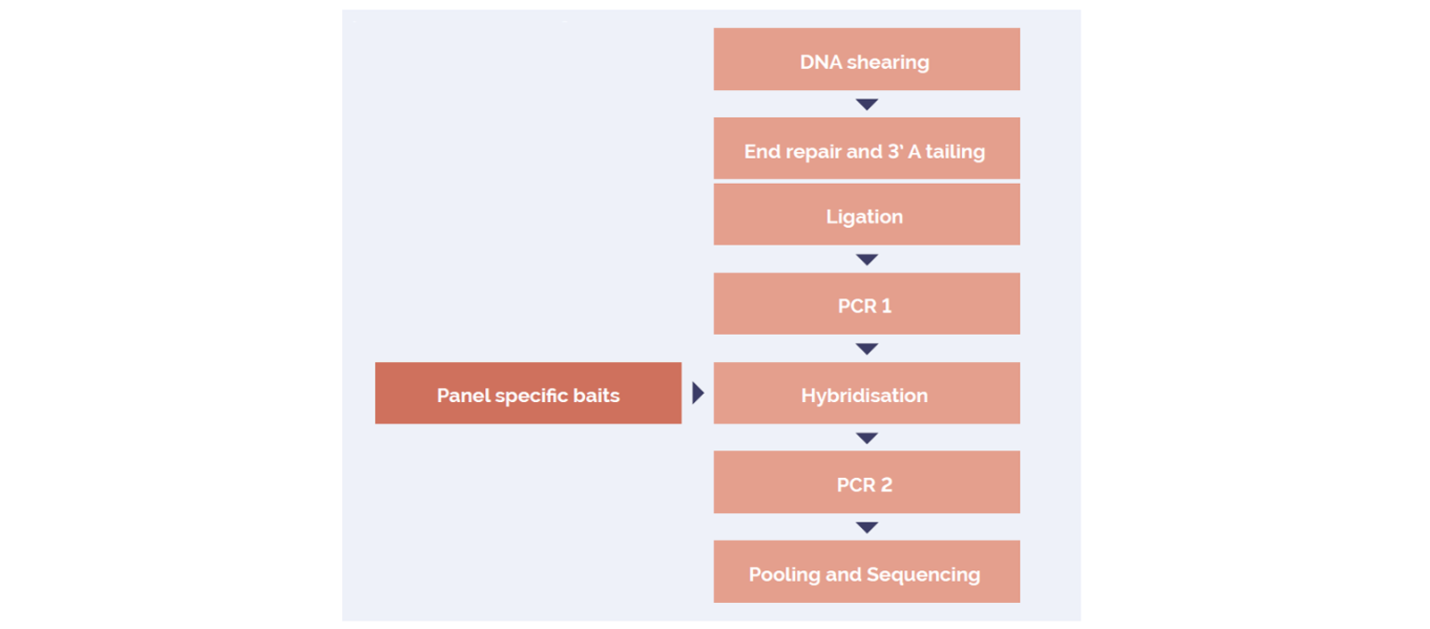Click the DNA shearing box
[866, 59]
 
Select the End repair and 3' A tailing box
[866, 148]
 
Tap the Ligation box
[866, 214]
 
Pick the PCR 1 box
[866, 304]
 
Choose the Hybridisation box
[866, 393]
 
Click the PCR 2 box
[866, 482]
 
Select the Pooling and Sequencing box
[866, 572]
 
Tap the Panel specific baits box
[528, 393]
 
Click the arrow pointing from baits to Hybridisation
[698, 393]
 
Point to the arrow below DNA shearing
[866, 104]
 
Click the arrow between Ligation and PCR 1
[866, 259]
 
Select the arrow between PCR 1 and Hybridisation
[866, 348]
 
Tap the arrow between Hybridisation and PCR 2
[866, 438]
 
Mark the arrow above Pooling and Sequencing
[866, 527]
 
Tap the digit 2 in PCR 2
[886, 485]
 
